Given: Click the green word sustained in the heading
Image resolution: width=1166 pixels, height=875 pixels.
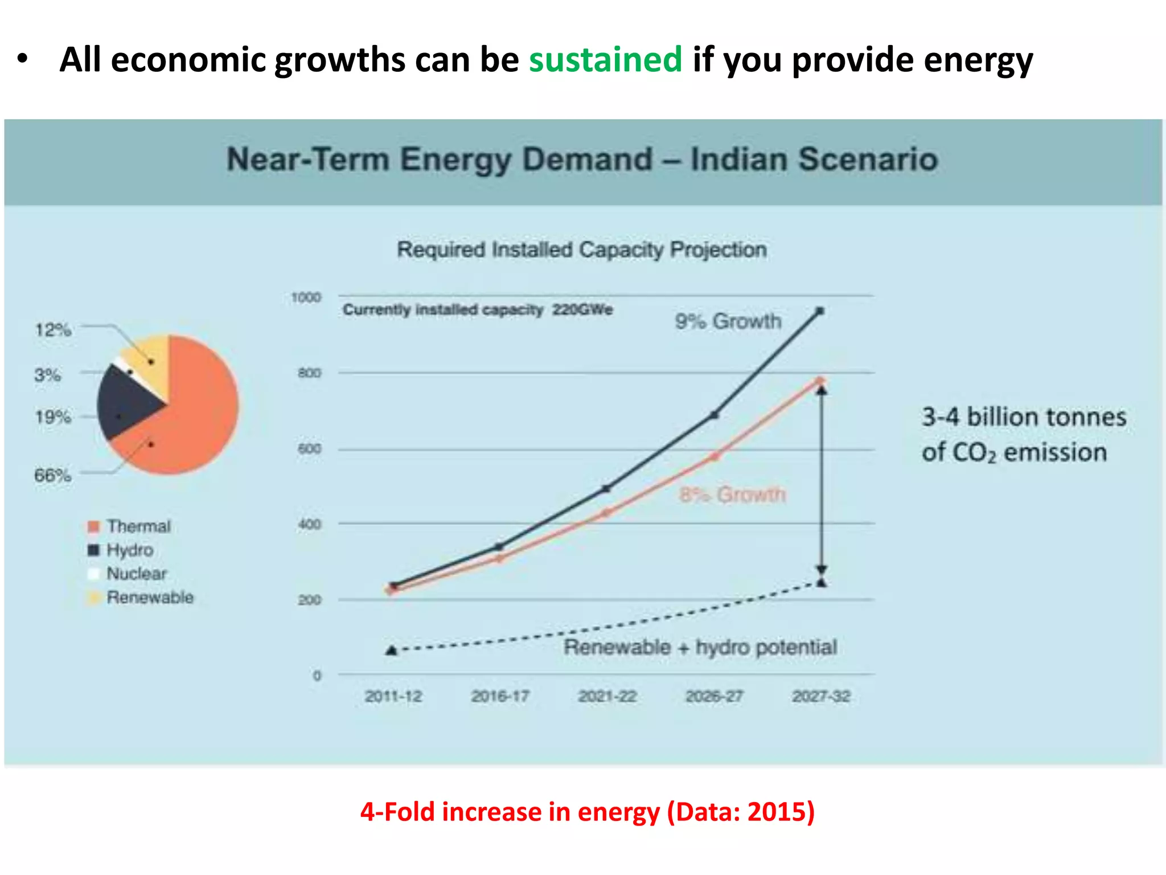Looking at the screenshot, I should pos(605,59).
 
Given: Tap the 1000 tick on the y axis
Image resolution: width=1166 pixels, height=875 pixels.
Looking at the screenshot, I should pos(306,297).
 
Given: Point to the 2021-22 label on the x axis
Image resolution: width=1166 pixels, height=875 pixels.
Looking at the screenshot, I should pos(607,696).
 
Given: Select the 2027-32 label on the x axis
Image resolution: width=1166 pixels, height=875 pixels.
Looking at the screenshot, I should pos(821,696).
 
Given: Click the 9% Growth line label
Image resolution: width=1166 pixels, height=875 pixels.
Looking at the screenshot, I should pos(728,321).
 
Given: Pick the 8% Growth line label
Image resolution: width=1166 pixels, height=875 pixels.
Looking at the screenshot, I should pos(732,494).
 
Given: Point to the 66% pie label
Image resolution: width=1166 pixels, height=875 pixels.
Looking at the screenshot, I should pos(53,475).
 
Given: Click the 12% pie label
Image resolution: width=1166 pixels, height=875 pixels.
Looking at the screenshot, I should pos(53,330).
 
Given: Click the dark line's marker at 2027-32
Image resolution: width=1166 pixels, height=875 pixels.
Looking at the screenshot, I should pos(820,311).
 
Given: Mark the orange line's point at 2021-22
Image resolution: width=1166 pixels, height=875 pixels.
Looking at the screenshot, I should pos(606,513).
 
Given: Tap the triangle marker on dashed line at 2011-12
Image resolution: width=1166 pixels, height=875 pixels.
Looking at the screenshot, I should pos(391,650).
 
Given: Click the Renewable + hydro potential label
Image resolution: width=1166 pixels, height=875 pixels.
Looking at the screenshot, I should pos(700,647).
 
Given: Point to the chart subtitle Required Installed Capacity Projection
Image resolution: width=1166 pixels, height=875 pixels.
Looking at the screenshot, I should pos(581,250).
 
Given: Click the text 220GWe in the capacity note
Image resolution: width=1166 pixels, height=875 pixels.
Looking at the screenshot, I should pos(582,309).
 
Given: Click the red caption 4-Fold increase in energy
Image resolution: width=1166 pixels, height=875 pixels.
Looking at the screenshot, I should pos(587,811).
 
